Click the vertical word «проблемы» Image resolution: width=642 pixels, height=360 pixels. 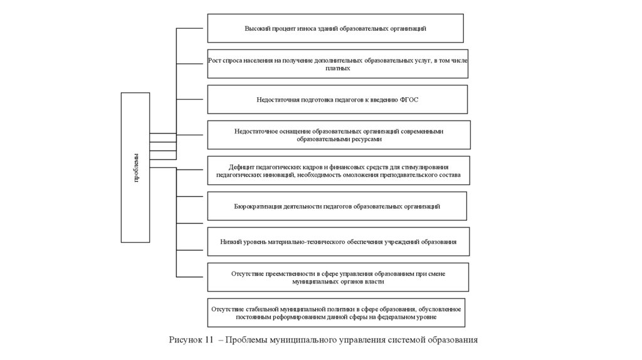[x=136, y=167]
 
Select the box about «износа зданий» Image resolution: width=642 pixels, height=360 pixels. [x=335, y=28]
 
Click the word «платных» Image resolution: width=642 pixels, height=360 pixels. [x=338, y=68]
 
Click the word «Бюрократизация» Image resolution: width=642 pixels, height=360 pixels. [x=257, y=206]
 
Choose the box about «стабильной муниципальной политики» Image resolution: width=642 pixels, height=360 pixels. [x=336, y=314]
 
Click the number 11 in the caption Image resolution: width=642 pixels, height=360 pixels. [x=210, y=340]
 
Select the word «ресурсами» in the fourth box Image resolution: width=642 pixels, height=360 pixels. [x=367, y=139]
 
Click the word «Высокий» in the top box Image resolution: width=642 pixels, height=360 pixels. [x=256, y=29]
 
